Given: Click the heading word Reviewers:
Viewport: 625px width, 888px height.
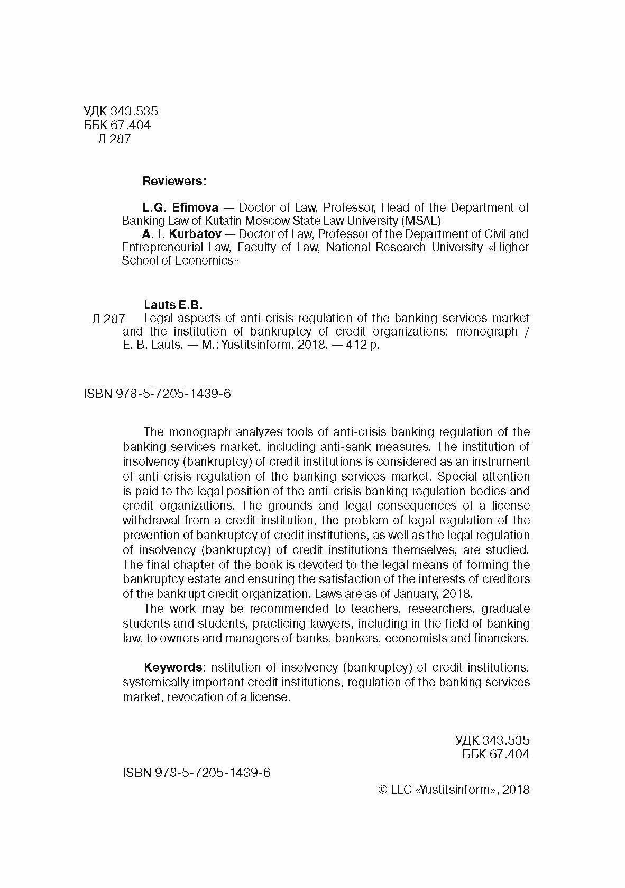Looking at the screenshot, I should pos(174,181).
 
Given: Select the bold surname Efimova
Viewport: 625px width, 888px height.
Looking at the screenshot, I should pos(195,207).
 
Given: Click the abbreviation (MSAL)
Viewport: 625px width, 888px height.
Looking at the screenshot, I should pos(420,221).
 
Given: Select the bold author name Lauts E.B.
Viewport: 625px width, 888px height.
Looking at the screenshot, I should pos(173,305).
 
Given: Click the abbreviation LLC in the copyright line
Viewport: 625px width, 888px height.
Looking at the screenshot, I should pos(401,790).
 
